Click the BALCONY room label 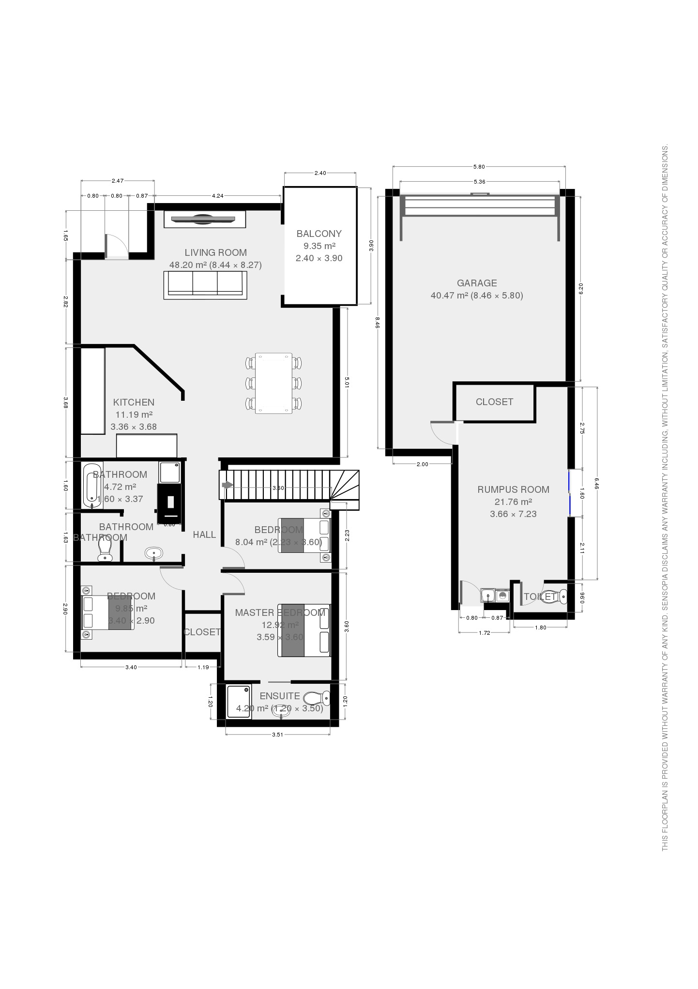319,234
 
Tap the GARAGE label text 477,283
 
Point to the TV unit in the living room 205,219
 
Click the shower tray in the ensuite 239,701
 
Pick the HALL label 204,534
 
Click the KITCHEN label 134,402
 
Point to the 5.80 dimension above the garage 479,167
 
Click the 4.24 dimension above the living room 218,196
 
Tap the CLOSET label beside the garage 494,402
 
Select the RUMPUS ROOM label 513,489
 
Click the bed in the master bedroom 303,630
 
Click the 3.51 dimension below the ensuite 277,735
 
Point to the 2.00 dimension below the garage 422,464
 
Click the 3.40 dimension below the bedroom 131,667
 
